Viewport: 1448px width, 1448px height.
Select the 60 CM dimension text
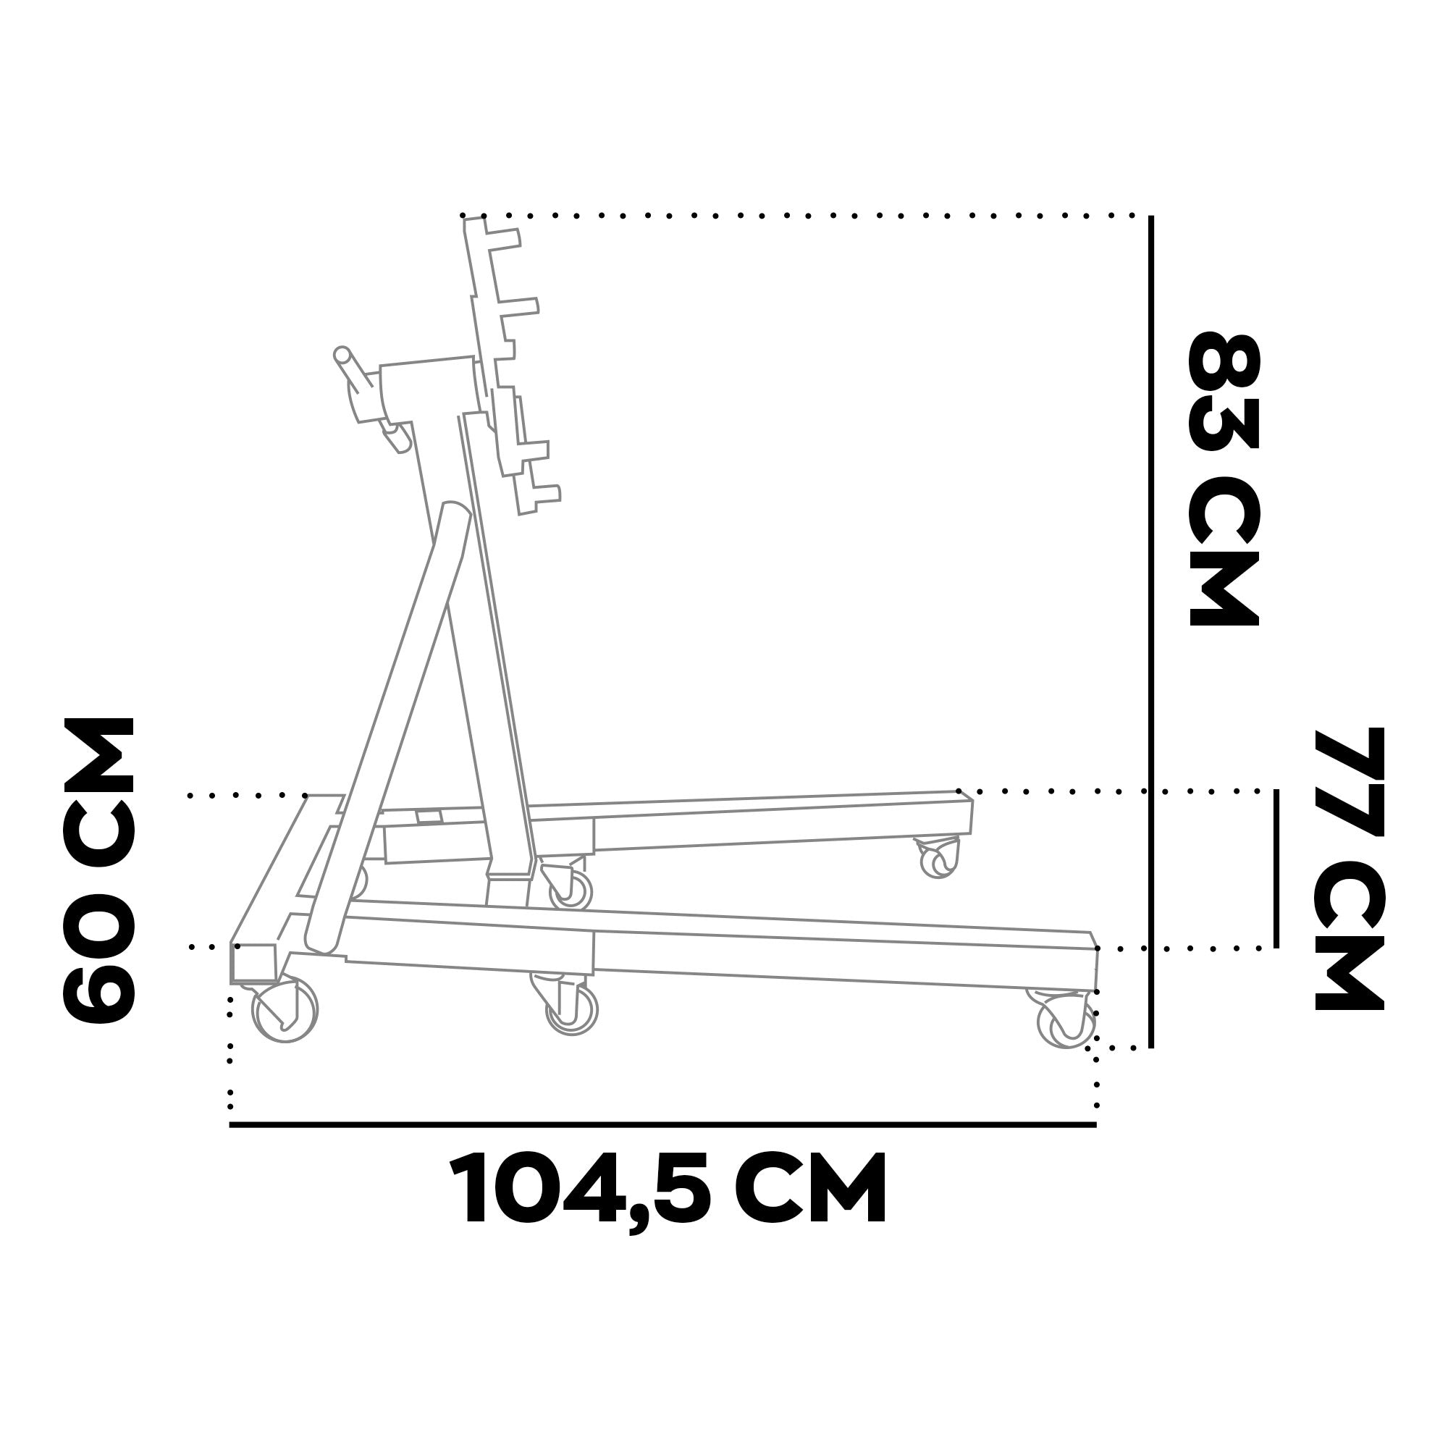pos(100,870)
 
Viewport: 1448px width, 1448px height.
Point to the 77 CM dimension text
pos(1349,870)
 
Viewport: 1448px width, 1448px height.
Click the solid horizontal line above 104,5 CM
pos(663,1125)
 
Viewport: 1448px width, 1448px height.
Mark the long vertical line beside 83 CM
pos(1151,632)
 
